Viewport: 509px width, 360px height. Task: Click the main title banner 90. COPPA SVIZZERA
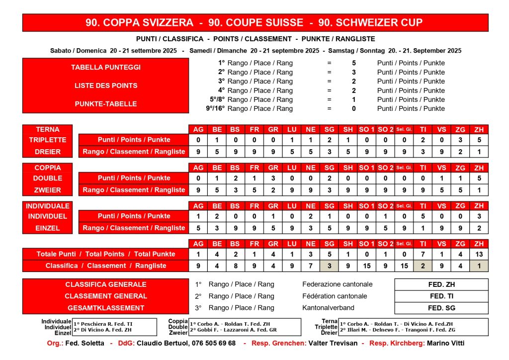254,23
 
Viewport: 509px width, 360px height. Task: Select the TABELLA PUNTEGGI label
105,67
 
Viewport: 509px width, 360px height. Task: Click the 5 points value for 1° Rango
353,63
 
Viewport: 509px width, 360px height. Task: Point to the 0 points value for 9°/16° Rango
353,108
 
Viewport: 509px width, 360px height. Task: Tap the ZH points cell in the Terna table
479,140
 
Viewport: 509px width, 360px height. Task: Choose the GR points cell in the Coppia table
273,178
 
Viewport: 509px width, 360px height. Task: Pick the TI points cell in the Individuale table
423,216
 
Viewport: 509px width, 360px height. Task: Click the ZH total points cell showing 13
479,254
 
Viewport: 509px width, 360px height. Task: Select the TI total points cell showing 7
423,254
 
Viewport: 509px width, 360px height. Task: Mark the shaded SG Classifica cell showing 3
329,266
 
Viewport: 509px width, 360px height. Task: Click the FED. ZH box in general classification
441,285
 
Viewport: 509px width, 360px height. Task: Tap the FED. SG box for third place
441,308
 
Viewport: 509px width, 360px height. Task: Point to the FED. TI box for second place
441,296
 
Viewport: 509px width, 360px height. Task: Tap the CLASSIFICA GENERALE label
105,285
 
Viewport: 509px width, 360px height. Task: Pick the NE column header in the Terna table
311,129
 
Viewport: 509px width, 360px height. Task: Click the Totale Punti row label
105,254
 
